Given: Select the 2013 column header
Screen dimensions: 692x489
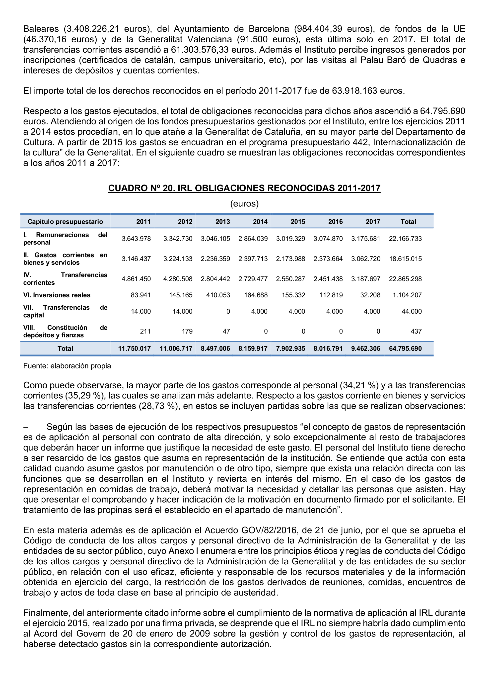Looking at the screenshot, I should pos(222,222).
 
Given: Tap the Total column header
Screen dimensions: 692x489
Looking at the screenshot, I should pos(408,222).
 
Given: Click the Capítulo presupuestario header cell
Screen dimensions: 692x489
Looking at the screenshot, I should pos(65,222).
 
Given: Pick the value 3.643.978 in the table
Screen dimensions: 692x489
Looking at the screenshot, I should pos(136,239).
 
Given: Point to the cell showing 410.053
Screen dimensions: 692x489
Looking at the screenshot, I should pos(218,295).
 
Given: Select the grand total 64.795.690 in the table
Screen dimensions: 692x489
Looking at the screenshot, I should pos(405,349).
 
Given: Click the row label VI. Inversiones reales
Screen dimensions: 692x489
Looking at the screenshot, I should pos(57,295).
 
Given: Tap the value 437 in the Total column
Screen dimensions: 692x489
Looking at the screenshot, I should pos(416,332).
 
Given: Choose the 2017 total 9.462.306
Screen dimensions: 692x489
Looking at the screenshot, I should pos(365,349).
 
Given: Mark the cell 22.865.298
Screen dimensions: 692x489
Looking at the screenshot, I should pos(405,279).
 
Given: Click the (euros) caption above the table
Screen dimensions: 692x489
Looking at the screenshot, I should pos(244,204).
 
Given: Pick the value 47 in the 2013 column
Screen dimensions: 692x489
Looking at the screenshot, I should pos(226,332).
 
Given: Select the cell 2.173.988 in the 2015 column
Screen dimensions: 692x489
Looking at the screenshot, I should pos(290,259).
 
